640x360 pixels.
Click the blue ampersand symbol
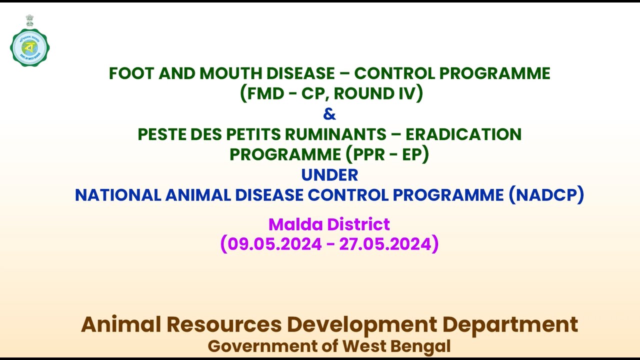tap(329, 114)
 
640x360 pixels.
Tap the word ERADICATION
tap(463, 134)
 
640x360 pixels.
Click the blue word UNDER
tap(329, 175)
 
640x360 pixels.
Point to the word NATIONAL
tap(118, 195)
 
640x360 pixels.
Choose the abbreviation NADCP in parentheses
tap(546, 195)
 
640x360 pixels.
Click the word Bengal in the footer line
tap(422, 346)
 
